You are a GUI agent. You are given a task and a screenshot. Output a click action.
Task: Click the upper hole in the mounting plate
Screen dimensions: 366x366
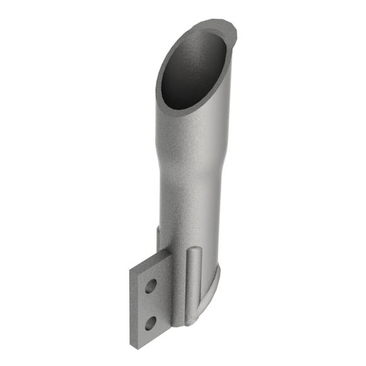(150, 287)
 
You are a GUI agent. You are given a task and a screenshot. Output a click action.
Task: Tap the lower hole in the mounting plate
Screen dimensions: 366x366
(151, 323)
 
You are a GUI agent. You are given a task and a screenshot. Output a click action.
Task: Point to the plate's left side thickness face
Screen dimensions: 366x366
(132, 309)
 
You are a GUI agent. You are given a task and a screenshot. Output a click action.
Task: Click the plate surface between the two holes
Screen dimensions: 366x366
(151, 305)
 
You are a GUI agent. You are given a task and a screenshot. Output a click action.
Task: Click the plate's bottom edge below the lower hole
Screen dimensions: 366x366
(154, 340)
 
